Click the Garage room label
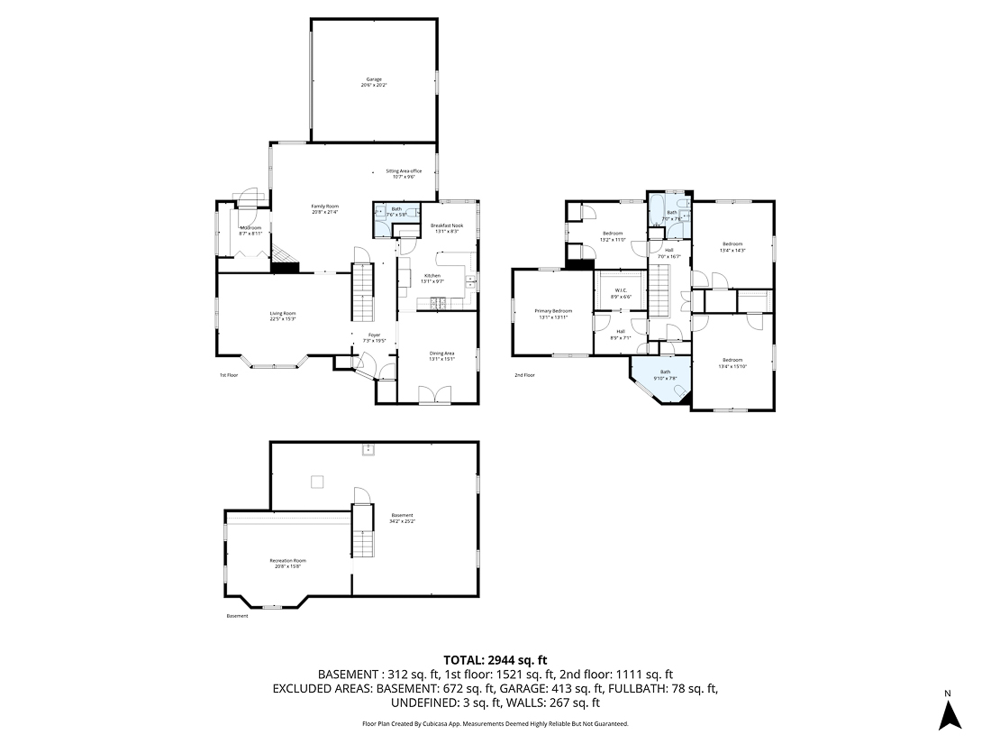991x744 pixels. click(374, 79)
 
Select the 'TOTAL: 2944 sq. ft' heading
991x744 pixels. click(495, 660)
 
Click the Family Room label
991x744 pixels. click(324, 207)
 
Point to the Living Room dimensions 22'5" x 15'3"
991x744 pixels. click(283, 319)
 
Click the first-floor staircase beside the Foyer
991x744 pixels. click(363, 292)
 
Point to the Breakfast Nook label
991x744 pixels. click(446, 225)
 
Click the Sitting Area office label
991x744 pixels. click(404, 170)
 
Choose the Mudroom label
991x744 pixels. click(250, 227)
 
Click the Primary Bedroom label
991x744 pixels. click(554, 311)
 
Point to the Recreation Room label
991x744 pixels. click(288, 561)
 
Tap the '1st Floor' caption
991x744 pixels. click(229, 375)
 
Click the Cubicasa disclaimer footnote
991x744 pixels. click(495, 723)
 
